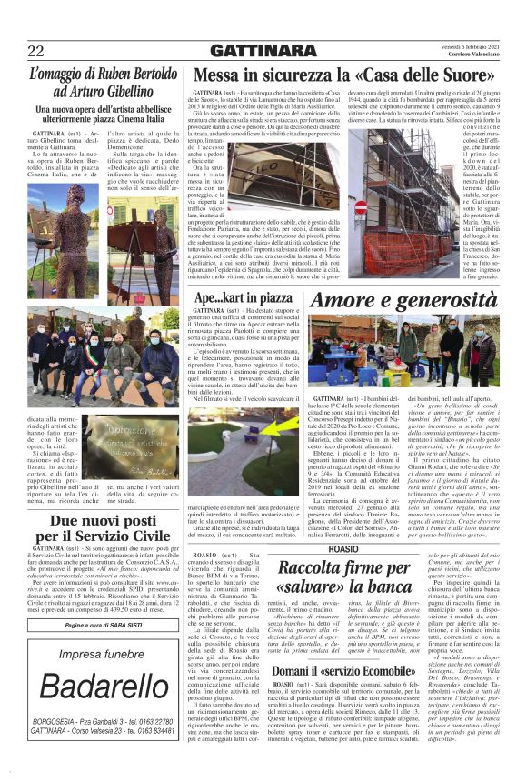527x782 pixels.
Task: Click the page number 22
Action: click(x=37, y=51)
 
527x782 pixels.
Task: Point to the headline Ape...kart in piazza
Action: click(x=243, y=297)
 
